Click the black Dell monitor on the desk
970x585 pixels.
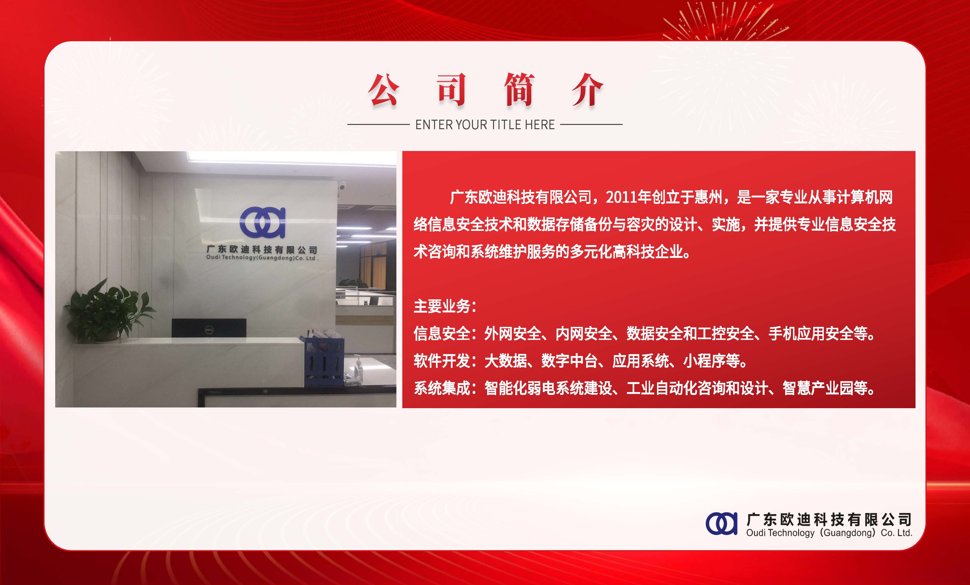pyautogui.click(x=209, y=328)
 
